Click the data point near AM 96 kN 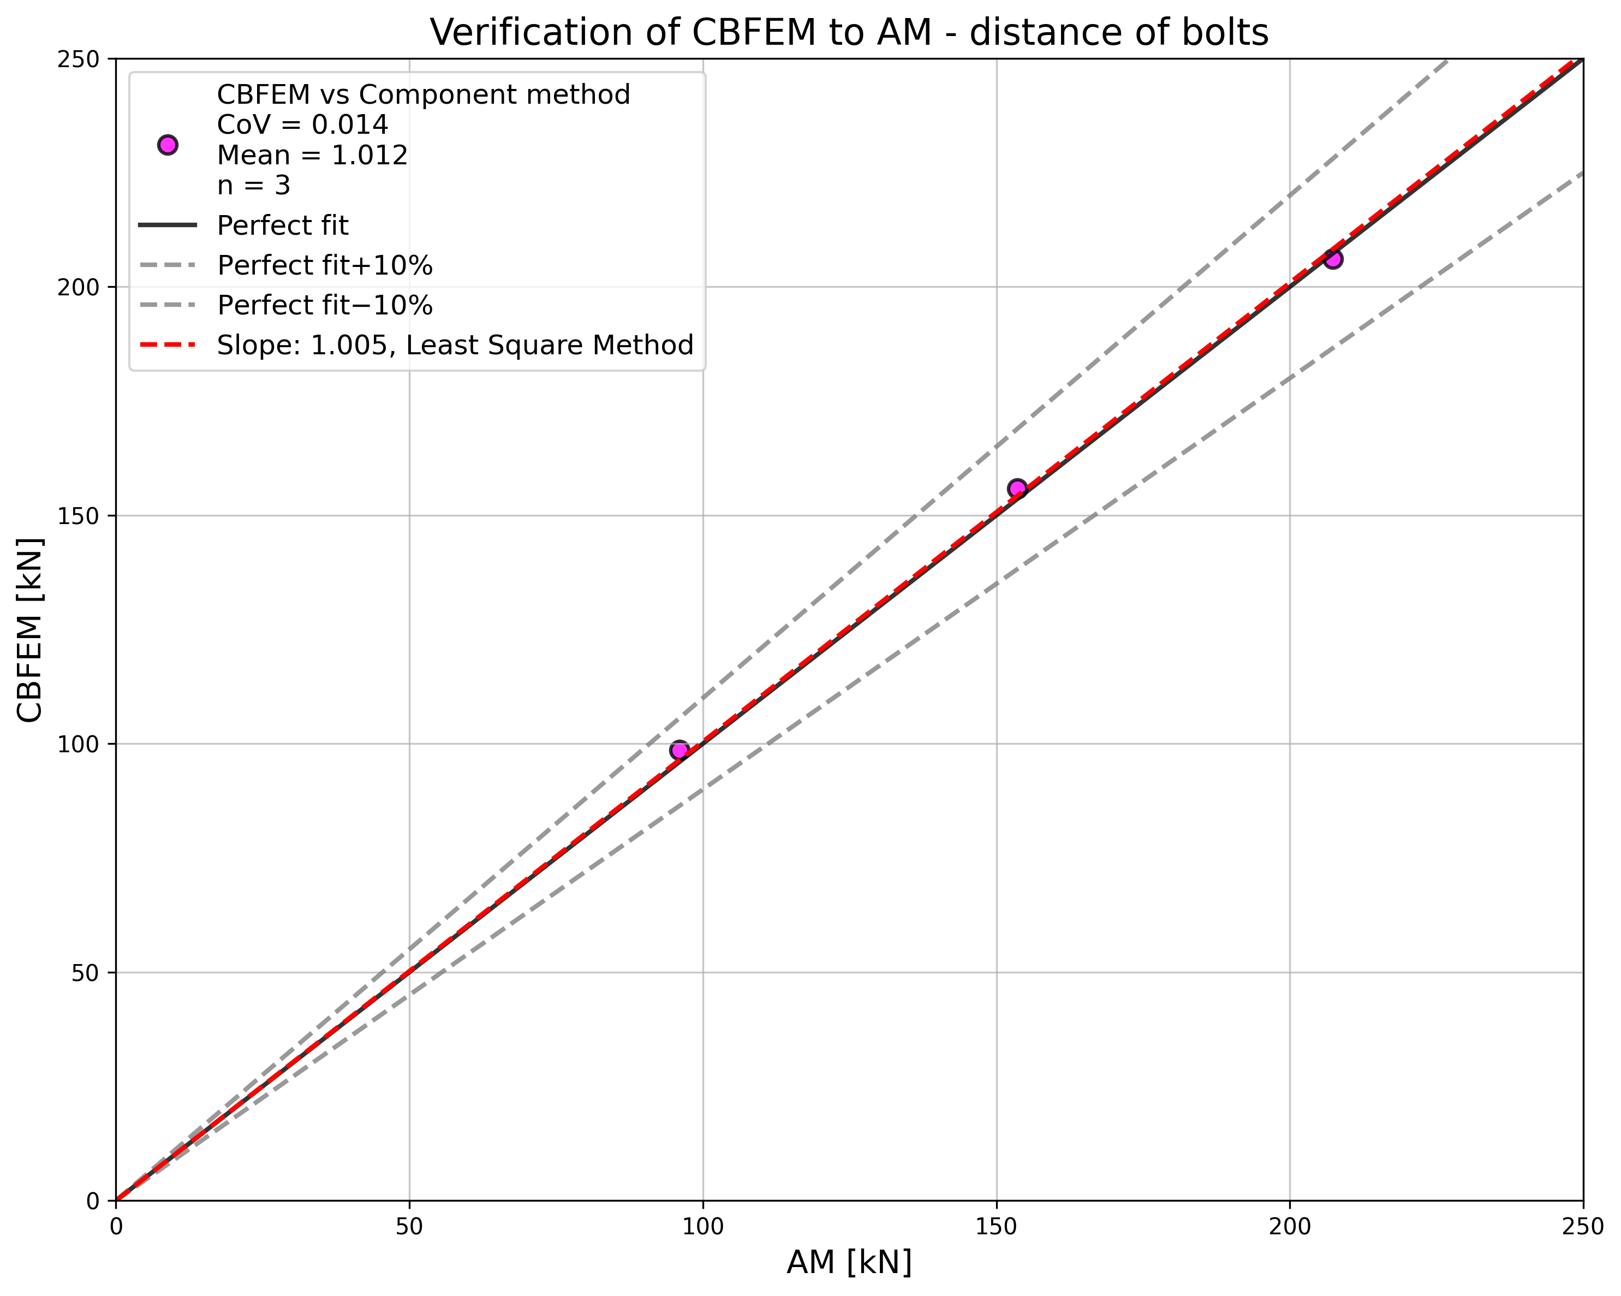click(x=679, y=750)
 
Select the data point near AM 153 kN click(x=1017, y=489)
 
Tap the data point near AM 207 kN click(x=1332, y=259)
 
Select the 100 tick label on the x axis click(x=702, y=1227)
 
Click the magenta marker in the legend click(x=168, y=145)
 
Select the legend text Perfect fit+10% click(x=325, y=265)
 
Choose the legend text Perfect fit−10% click(x=325, y=305)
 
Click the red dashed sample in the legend click(x=168, y=345)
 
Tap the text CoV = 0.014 click(x=302, y=125)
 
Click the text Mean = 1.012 click(x=312, y=155)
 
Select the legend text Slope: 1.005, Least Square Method click(x=455, y=345)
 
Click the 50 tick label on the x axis click(x=409, y=1227)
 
